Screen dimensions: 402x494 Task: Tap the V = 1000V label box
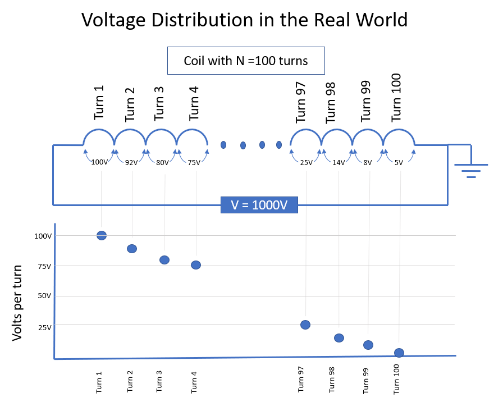coord(259,205)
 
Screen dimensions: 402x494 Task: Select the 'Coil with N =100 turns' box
coord(246,61)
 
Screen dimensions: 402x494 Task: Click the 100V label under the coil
coord(99,162)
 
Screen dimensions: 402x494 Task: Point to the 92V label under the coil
coord(131,163)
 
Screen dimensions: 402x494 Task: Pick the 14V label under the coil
coord(338,163)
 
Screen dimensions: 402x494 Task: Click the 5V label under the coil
coord(399,163)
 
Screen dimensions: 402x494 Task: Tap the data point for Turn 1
coord(102,236)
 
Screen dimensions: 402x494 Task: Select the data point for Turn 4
coord(196,265)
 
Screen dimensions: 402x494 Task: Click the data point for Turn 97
coord(305,325)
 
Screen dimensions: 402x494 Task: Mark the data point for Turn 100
coord(399,353)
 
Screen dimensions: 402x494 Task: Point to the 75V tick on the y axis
coord(43,266)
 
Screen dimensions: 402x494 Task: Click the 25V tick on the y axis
coord(43,327)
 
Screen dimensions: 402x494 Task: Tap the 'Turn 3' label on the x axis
coord(159,382)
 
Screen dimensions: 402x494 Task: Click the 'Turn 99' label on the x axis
coord(366,382)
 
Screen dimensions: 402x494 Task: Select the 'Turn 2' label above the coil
coord(130,105)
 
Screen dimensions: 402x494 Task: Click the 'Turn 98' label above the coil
coord(331,102)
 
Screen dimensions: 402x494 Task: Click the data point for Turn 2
coord(132,249)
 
